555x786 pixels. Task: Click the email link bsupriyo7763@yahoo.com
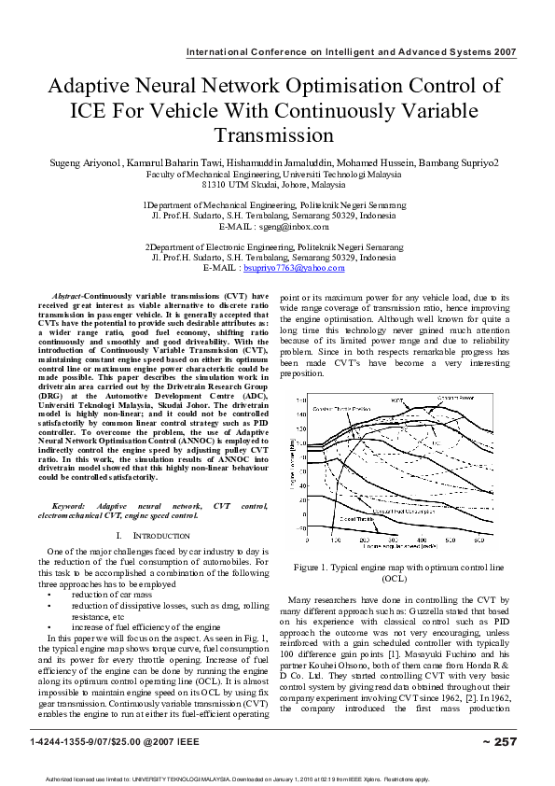click(294, 268)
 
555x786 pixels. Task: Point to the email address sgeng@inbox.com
click(294, 227)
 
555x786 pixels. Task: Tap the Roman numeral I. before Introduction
click(120, 536)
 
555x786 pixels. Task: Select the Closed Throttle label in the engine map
click(357, 518)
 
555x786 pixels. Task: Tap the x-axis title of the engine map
click(401, 545)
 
